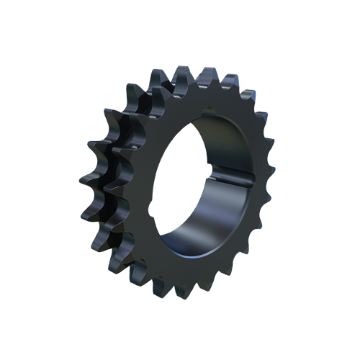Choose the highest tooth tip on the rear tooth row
160,71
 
